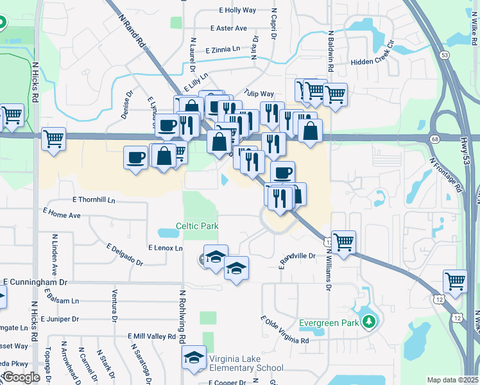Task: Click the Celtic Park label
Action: pos(198,226)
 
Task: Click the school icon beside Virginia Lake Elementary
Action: pos(193,359)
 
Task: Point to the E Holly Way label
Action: pos(237,10)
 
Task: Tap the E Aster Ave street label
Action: pos(228,28)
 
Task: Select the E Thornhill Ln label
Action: pos(94,200)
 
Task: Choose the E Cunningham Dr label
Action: pos(35,282)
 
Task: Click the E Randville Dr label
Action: pos(297,259)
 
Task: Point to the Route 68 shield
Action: pos(435,139)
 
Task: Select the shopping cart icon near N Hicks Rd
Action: pos(54,139)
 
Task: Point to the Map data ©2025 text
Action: pos(452,380)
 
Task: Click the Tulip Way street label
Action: pos(259,94)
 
